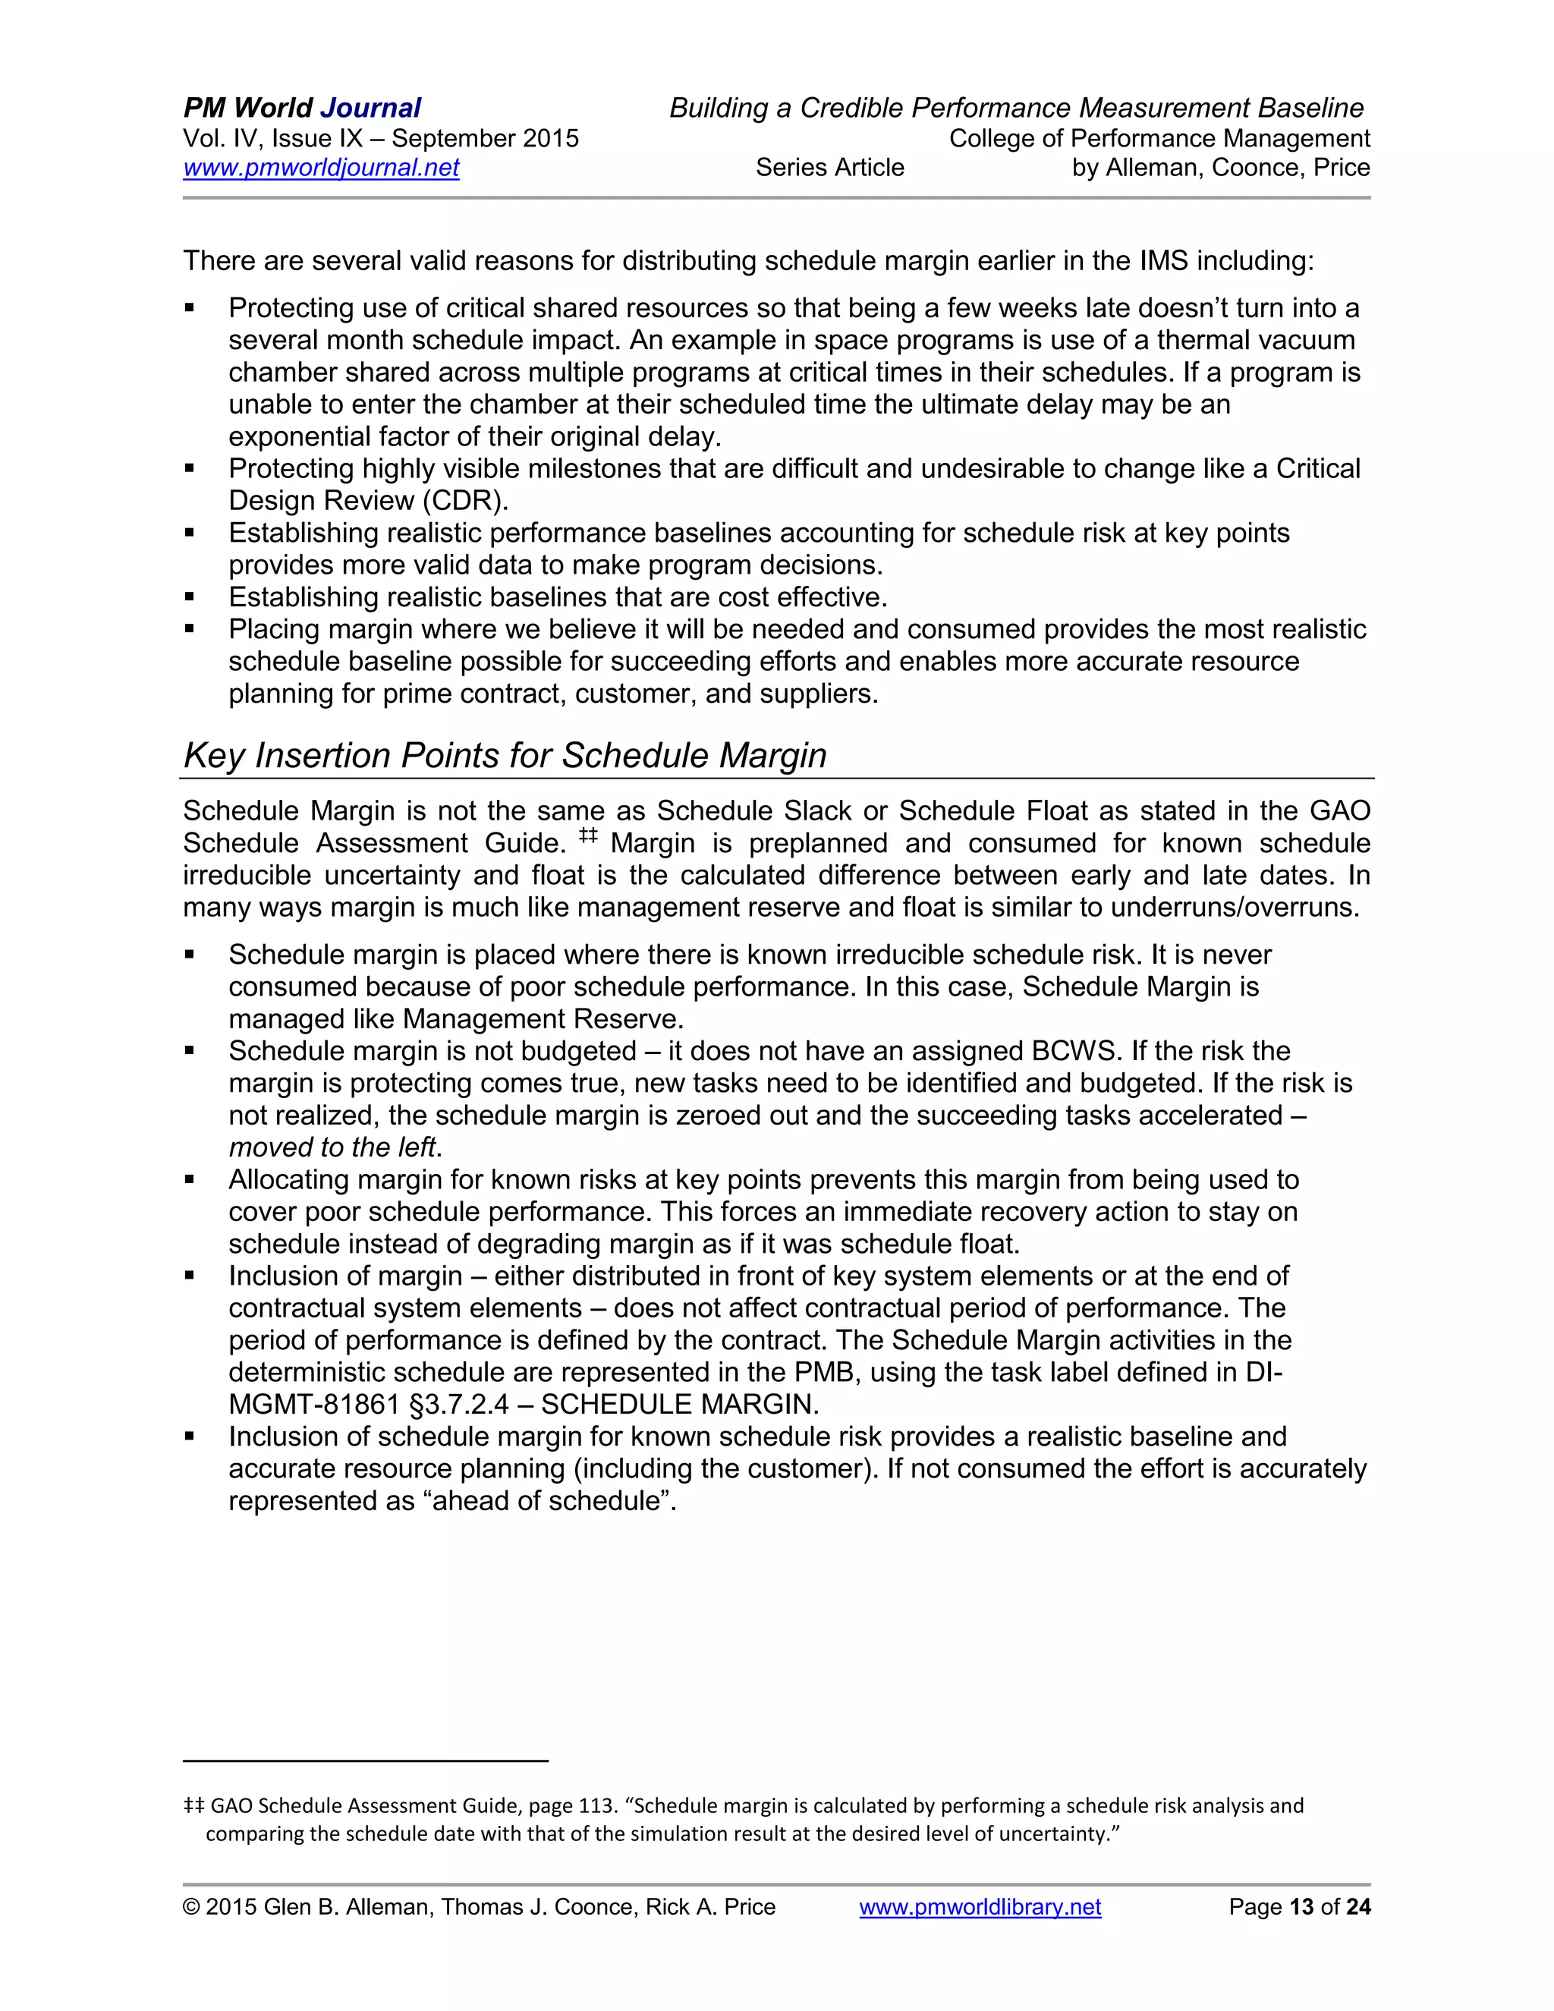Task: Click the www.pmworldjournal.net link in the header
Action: [320, 168]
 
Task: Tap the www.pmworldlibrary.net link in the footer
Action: [980, 1906]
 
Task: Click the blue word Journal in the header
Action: [370, 108]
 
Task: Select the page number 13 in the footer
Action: [1301, 1906]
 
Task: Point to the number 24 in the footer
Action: [1358, 1906]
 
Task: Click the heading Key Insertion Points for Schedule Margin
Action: [505, 755]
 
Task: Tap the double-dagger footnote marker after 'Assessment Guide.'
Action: [588, 836]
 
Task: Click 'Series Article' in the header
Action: [829, 168]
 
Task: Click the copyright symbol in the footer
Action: [191, 1906]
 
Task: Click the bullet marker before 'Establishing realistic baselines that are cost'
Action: [190, 597]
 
